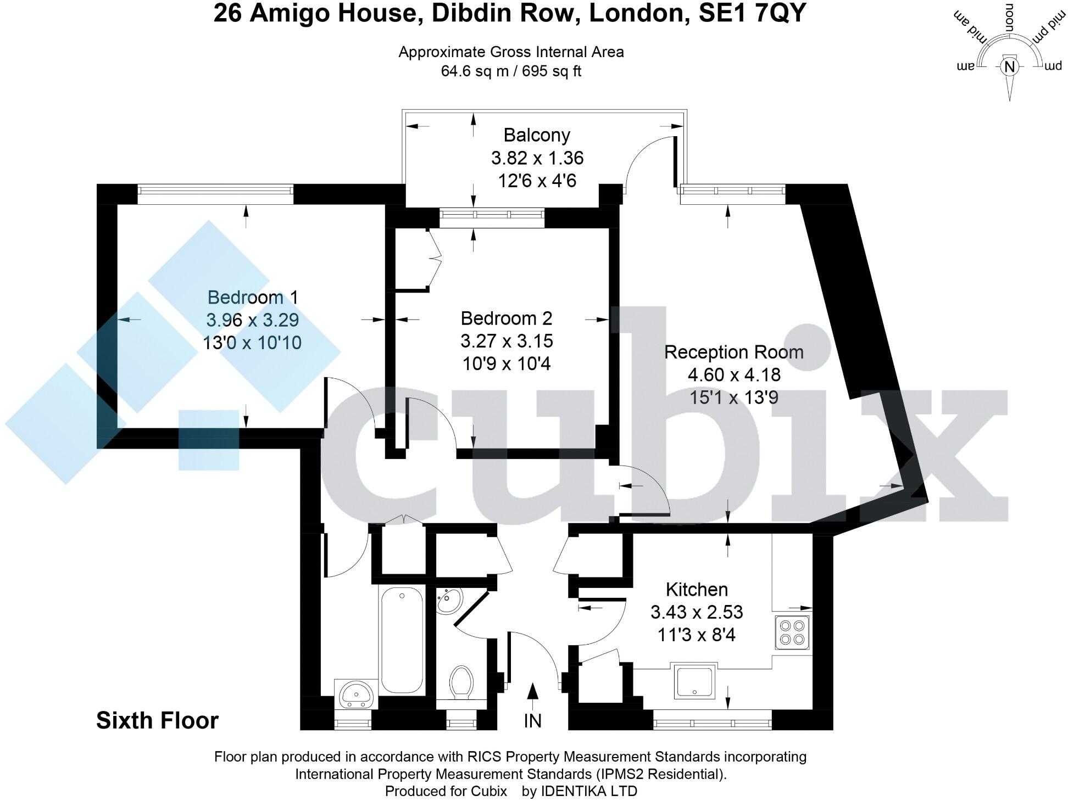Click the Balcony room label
pos(537,135)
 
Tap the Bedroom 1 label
pos(253,298)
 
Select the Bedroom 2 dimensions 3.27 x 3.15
pos(507,341)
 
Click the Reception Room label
pos(733,352)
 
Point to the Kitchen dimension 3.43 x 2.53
pos(697,612)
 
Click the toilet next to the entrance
pos(461,682)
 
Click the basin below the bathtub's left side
pos(357,694)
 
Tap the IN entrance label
pos(532,721)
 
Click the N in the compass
pos(1009,67)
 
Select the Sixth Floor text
pos(157,721)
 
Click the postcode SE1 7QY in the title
pos(752,13)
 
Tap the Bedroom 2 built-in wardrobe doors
pos(436,258)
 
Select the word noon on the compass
pos(1009,16)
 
